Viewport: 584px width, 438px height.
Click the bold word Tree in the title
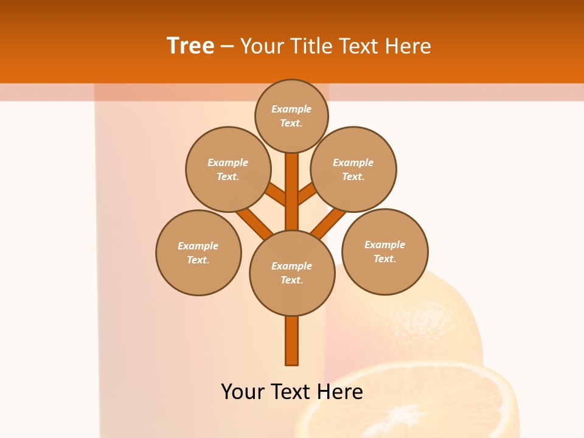coord(190,46)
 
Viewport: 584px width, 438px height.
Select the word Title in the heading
coord(310,46)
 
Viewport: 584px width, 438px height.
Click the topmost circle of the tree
coord(291,116)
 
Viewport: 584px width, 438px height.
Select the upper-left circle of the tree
coord(228,169)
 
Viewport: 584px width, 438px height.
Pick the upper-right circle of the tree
coord(353,169)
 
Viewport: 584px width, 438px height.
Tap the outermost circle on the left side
coord(198,252)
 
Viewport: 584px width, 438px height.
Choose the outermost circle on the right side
coord(384,251)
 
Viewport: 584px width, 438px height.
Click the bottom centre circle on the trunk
coord(292,273)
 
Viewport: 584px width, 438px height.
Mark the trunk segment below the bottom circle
coord(292,341)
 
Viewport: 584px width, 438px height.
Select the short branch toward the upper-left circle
coord(277,194)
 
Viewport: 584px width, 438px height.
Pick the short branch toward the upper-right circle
coord(307,194)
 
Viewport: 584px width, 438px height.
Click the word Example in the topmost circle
coord(291,109)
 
